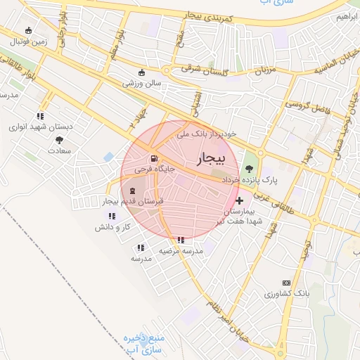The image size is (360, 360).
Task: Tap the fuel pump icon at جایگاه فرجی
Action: [x=153, y=158]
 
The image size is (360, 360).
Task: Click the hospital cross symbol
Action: [x=240, y=200]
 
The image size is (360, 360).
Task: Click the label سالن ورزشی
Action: [x=143, y=83]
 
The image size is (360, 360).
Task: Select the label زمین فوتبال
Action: [x=28, y=41]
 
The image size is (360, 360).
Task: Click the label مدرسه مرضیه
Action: [x=181, y=250]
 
